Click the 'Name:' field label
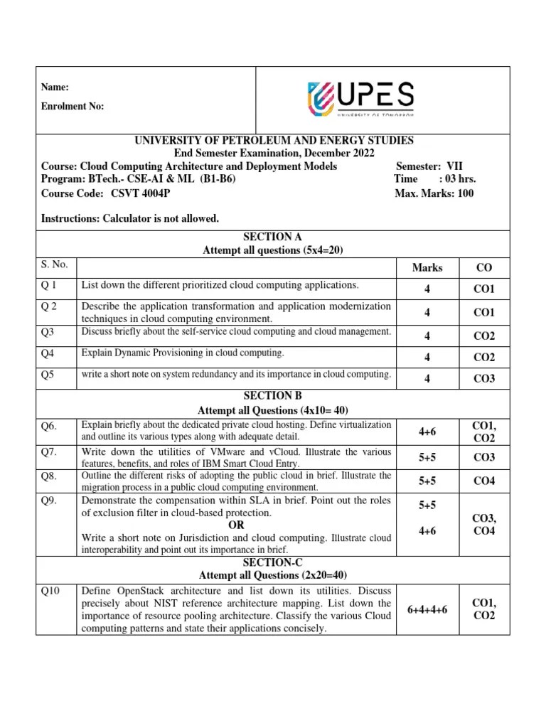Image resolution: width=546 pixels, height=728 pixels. pyautogui.click(x=55, y=87)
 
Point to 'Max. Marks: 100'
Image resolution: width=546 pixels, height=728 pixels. pyautogui.click(x=434, y=193)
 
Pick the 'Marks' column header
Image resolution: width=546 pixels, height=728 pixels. pyautogui.click(x=427, y=267)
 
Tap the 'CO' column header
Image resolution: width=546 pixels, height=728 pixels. pyautogui.click(x=483, y=267)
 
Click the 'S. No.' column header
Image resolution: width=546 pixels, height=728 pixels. pyautogui.click(x=55, y=264)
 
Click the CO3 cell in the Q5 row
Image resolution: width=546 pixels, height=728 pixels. pyautogui.click(x=483, y=379)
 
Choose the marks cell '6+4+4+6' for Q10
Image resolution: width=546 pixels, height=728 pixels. pyautogui.click(x=427, y=609)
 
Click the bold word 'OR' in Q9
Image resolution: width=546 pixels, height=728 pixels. pyautogui.click(x=235, y=525)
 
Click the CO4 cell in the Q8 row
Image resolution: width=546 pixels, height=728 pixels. pyautogui.click(x=483, y=481)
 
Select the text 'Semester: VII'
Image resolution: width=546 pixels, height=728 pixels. pyautogui.click(x=429, y=166)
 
